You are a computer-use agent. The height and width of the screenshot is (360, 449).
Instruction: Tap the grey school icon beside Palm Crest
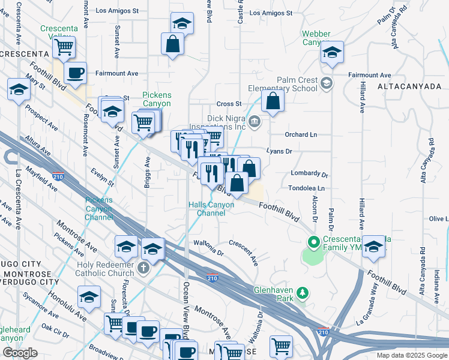tap(327, 82)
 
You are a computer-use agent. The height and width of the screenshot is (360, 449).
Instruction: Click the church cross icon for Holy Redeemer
tap(143, 267)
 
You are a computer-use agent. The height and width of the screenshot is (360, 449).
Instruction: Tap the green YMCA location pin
tap(313, 243)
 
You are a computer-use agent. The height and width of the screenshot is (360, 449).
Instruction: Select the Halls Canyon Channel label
tap(211, 209)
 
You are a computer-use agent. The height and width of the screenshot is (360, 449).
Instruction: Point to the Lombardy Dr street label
tap(309, 175)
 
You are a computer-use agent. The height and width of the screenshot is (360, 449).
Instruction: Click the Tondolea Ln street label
tap(307, 188)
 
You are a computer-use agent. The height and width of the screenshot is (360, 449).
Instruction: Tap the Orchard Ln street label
tap(301, 134)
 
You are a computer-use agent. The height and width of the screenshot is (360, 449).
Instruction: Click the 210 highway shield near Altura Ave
tap(66, 178)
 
